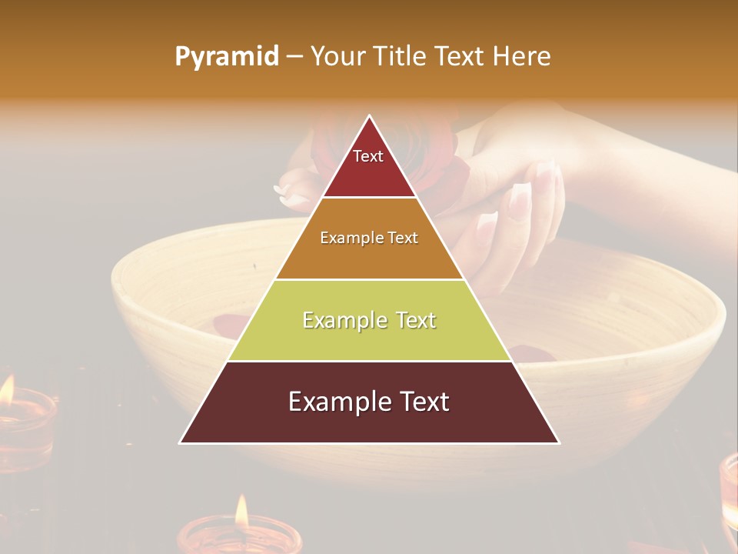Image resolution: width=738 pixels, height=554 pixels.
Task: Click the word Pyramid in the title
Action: click(x=227, y=57)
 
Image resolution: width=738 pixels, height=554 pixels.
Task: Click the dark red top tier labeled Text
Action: click(x=369, y=165)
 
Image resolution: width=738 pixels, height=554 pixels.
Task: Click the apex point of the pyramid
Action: click(x=370, y=116)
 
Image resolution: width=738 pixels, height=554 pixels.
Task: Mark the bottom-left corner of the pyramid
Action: click(x=181, y=442)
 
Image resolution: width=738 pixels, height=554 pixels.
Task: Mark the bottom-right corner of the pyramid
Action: click(x=559, y=442)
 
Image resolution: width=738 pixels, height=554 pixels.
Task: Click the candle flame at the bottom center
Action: click(x=241, y=511)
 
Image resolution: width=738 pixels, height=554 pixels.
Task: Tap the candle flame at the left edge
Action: click(x=6, y=389)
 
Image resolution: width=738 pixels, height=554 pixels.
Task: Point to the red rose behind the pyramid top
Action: click(x=430, y=154)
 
